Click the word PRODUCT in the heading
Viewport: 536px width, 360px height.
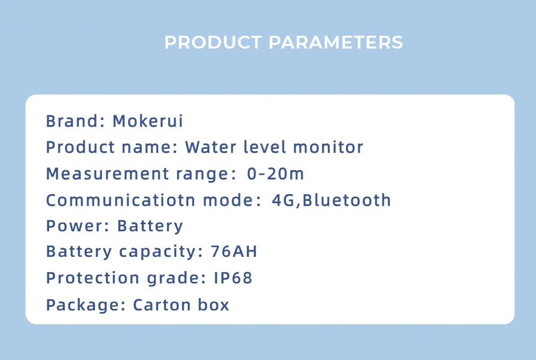[x=213, y=42]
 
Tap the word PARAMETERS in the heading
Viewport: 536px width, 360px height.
[x=336, y=42]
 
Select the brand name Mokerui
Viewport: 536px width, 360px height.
[x=148, y=122]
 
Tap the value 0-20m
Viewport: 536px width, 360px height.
[x=276, y=174]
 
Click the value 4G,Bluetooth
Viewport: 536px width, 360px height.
[x=331, y=200]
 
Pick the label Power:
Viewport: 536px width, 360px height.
[x=78, y=226]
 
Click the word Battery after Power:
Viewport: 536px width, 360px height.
[x=150, y=226]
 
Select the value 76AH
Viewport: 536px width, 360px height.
[x=234, y=252]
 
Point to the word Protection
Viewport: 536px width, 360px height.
[x=92, y=278]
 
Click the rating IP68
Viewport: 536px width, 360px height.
[x=233, y=278]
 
